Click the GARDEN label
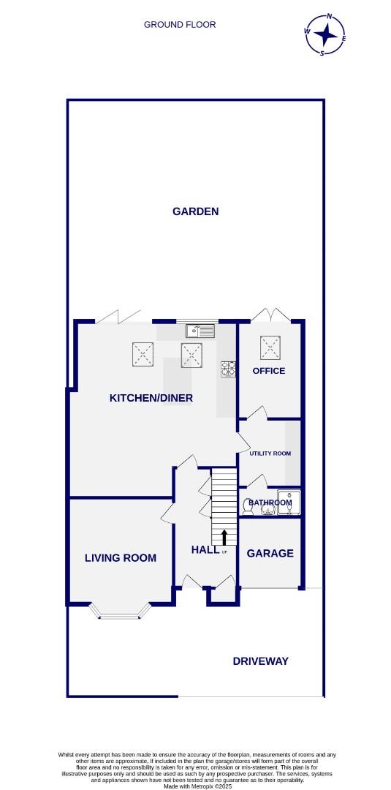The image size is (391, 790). point(195,211)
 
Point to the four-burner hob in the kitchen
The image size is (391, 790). point(229,369)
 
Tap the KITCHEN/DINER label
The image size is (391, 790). point(151,398)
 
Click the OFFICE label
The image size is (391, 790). point(269,371)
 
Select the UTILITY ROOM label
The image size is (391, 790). point(270,454)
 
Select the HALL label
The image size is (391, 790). point(205,549)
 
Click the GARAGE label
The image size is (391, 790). point(270,553)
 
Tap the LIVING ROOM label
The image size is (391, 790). point(121,557)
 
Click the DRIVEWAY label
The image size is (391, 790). point(260,661)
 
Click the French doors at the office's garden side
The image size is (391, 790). point(270,315)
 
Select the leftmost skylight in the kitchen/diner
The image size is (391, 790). point(143,355)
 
